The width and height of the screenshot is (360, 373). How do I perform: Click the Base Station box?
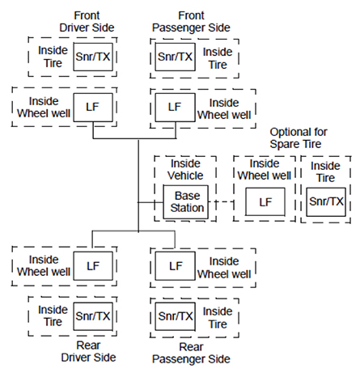pyautogui.click(x=187, y=201)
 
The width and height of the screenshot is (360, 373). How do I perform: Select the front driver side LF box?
pyautogui.click(x=93, y=106)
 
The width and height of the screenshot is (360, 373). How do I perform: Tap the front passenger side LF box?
pyautogui.click(x=175, y=106)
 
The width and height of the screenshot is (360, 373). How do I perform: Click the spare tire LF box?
pyautogui.click(x=263, y=201)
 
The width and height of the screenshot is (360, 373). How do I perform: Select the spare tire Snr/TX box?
pyautogui.click(x=326, y=201)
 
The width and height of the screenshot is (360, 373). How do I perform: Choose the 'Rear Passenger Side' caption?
pyautogui.click(x=191, y=354)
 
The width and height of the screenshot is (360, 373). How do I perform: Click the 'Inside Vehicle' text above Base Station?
pyautogui.click(x=187, y=168)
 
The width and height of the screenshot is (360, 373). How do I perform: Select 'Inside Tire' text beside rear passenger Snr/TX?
pyautogui.click(x=217, y=315)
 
